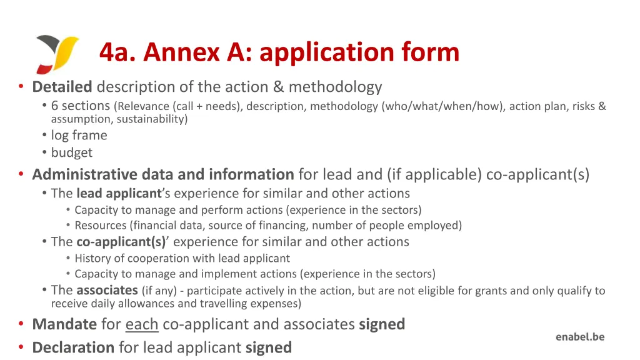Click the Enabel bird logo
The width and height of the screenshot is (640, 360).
click(57, 53)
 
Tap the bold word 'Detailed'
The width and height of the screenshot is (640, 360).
click(62, 86)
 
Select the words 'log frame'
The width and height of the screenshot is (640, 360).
click(79, 135)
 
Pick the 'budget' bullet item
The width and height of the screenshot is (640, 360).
click(71, 152)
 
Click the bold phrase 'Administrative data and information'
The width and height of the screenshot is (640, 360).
click(162, 174)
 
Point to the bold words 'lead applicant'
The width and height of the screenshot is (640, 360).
click(119, 194)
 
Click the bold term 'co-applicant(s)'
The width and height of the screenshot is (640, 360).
click(121, 242)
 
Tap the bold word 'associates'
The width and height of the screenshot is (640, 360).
click(107, 290)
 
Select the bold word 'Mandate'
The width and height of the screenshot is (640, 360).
click(64, 324)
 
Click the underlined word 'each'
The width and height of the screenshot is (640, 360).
click(141, 324)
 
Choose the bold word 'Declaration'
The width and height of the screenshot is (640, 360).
click(73, 347)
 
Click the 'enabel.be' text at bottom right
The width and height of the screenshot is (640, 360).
click(580, 337)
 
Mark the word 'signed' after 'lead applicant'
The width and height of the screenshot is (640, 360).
click(269, 347)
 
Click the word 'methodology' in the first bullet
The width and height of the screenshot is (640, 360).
click(335, 86)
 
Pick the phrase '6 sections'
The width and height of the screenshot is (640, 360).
click(81, 106)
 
